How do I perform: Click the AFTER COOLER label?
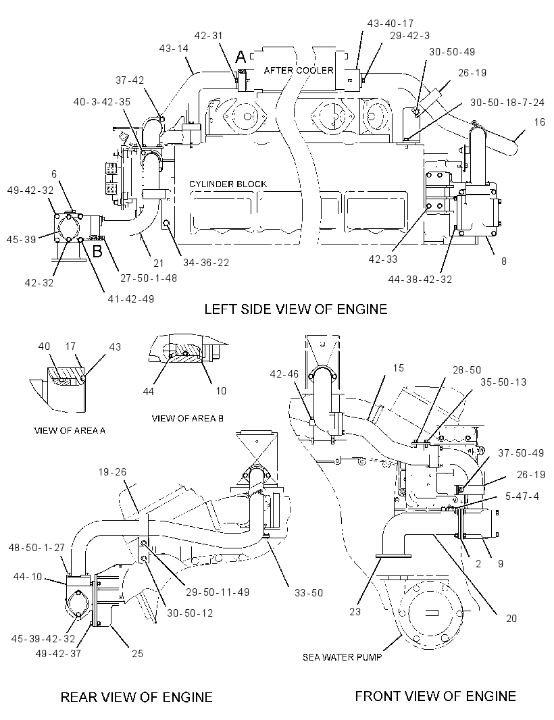[x=299, y=70]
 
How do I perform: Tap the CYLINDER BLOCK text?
[x=228, y=184]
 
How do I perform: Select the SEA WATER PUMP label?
[x=343, y=658]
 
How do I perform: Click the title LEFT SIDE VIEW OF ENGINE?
[x=296, y=309]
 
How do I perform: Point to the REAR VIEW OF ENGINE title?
[x=136, y=698]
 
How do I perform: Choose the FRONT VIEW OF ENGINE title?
[x=436, y=696]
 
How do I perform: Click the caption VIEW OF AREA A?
[x=70, y=431]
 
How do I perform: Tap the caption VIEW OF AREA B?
[x=188, y=418]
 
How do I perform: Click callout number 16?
[x=540, y=122]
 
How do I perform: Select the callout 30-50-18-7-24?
[x=507, y=103]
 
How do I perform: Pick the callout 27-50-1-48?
[x=149, y=278]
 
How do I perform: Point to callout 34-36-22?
[x=206, y=263]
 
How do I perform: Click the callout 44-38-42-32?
[x=420, y=279]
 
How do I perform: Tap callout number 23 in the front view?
[x=355, y=612]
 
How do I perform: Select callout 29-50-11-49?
[x=218, y=592]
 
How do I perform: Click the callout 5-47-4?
[x=522, y=496]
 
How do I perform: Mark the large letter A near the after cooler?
[x=241, y=57]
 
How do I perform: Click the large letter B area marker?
[x=97, y=251]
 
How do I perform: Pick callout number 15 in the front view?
[x=399, y=368]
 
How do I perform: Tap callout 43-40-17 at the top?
[x=391, y=23]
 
